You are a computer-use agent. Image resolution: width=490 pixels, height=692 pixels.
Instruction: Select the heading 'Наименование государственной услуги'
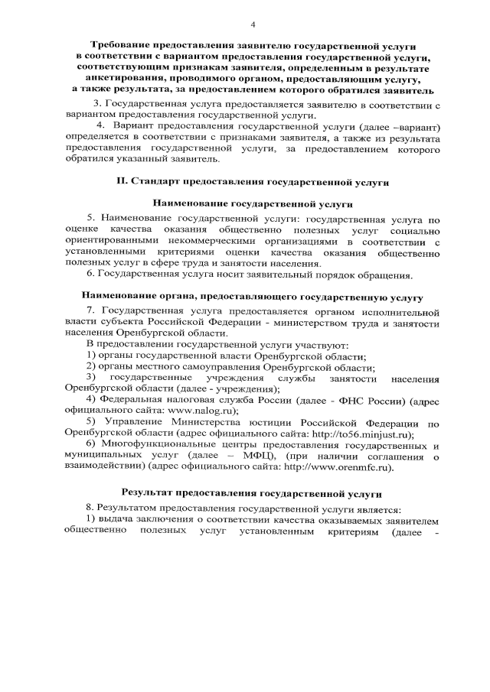point(253,205)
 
